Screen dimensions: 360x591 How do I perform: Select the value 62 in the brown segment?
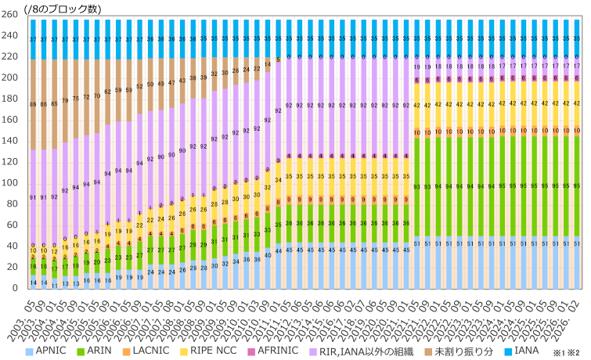pos(107,92)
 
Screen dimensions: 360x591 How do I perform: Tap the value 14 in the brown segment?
pos(268,64)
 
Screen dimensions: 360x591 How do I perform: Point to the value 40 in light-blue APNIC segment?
pos(268,255)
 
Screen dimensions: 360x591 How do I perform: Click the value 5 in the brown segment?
pos(278,59)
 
